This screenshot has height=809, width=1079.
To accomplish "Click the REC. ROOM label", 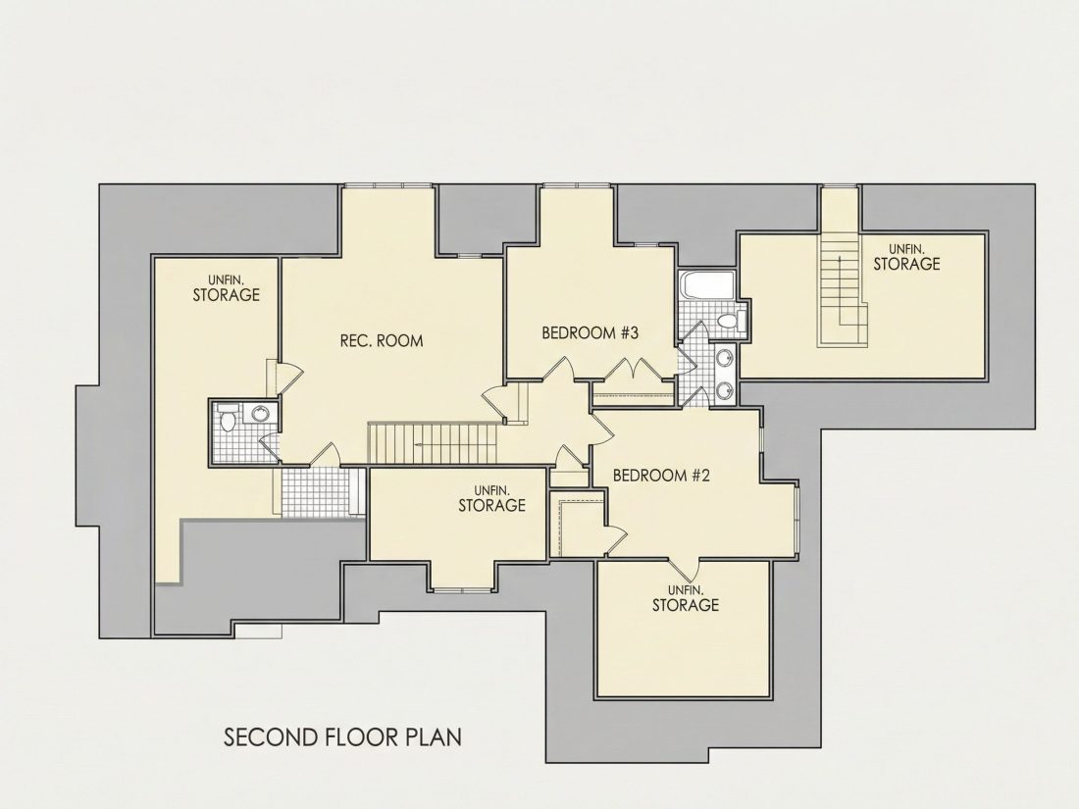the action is click(x=382, y=340).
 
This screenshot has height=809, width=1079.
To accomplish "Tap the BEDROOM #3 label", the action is click(x=591, y=333).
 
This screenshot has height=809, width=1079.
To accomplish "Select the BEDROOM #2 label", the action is click(x=660, y=476).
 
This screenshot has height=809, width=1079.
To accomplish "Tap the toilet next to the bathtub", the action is click(x=730, y=321).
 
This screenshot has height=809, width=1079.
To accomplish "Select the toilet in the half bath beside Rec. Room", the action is click(x=228, y=419).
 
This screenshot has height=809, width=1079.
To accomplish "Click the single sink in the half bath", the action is click(x=261, y=414).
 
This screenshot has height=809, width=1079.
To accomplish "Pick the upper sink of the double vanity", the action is click(x=725, y=358).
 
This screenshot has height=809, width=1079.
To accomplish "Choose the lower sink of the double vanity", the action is click(x=725, y=390).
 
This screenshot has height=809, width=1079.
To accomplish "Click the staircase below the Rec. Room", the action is click(x=433, y=443).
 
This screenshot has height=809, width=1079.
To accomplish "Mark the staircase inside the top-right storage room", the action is click(x=842, y=288).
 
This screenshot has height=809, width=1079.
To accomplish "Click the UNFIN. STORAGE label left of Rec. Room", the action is click(x=227, y=288).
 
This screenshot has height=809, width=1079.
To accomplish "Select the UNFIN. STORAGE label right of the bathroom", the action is click(x=906, y=257).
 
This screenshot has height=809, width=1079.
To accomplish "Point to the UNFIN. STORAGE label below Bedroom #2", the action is click(x=686, y=598).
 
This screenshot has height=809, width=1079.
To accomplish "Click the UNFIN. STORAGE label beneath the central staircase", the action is click(x=492, y=499).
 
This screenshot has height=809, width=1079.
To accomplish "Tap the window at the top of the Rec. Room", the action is click(x=387, y=185).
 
